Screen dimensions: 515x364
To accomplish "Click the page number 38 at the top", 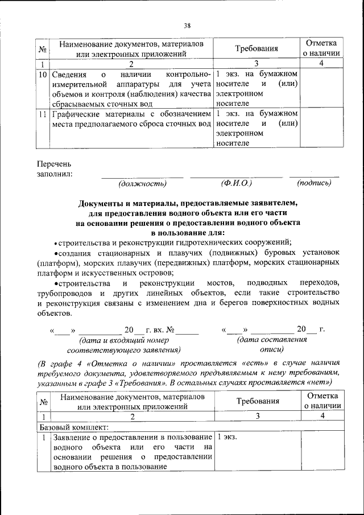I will click(187, 25).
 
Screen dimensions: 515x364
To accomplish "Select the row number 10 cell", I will click(42, 75).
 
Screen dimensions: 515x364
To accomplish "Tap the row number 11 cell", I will click(42, 114).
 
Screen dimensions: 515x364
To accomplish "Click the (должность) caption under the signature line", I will click(142, 184).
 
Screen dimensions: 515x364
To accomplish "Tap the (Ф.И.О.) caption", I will click(236, 184).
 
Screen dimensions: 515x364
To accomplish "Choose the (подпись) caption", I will click(314, 184).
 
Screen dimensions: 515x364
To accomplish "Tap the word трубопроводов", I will click(67, 293).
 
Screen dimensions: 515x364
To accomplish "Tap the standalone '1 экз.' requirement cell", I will click(226, 436).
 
